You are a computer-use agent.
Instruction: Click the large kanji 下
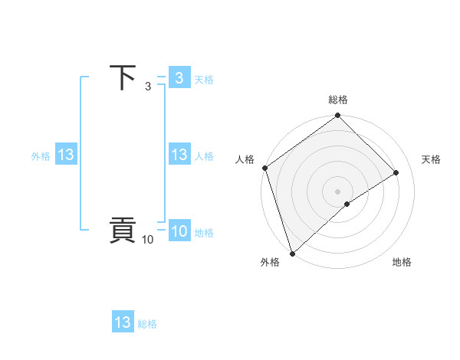[x=123, y=77]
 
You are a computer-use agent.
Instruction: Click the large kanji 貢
[x=123, y=231]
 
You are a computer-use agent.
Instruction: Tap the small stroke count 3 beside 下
[x=148, y=87]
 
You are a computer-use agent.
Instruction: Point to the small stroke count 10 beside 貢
[x=147, y=240]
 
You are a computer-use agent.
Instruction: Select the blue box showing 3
[x=179, y=78]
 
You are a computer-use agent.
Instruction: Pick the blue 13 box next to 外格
[x=66, y=155]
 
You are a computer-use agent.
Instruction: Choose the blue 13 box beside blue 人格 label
[x=179, y=155]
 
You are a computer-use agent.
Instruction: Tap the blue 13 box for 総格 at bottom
[x=123, y=322]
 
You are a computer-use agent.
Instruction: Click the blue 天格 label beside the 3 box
[x=204, y=80]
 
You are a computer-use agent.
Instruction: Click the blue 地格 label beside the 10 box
[x=204, y=233]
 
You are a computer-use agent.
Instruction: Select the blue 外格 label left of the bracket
[x=41, y=155]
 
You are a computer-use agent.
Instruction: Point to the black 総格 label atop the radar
[x=338, y=100]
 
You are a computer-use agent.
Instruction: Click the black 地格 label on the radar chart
[x=402, y=262]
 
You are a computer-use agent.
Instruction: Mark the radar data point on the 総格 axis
[x=338, y=116]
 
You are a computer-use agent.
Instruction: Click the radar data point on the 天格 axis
[x=396, y=172]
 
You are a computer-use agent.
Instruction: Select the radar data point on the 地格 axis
[x=347, y=204]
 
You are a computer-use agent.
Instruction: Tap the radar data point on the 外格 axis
[x=292, y=254]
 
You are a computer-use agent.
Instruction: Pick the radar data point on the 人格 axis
[x=265, y=168]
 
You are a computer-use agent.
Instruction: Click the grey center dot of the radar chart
[x=338, y=191]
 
